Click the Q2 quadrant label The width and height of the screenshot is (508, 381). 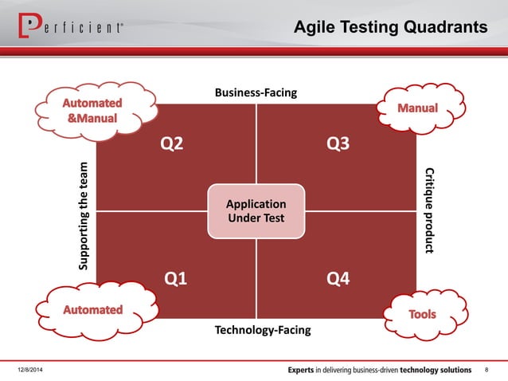(x=172, y=143)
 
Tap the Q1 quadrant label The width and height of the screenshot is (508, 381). (x=175, y=278)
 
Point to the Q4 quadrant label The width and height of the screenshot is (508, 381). (x=338, y=278)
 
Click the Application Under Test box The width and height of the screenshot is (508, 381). (x=256, y=212)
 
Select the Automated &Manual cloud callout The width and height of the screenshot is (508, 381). (x=92, y=111)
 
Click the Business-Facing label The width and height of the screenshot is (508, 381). (x=256, y=93)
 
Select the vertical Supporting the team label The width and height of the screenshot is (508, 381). (x=84, y=216)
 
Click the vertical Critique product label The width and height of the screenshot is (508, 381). (x=429, y=210)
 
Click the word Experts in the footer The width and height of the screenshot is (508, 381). (x=307, y=371)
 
